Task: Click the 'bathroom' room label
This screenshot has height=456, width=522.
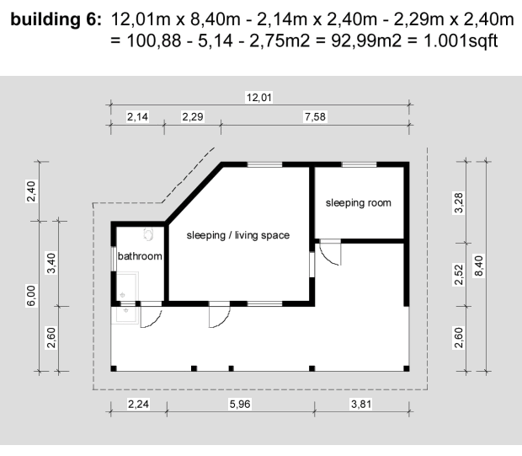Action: [140, 256]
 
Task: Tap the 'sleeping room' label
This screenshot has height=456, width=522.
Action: [358, 203]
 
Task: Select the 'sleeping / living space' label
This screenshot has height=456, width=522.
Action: [238, 235]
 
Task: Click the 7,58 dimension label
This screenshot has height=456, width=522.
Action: [315, 116]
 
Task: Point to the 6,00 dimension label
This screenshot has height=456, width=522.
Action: [31, 296]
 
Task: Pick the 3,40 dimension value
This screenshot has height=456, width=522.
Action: [51, 263]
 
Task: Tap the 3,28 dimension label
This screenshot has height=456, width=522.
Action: [458, 202]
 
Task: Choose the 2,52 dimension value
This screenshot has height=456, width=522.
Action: [458, 275]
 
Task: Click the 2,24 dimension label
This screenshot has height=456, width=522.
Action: [138, 404]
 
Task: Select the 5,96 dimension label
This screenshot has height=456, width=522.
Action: [240, 404]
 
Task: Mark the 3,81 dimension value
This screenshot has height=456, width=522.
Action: [361, 404]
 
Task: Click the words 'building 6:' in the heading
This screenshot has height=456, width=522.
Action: [56, 19]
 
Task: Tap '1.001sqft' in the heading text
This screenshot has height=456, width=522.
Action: [461, 41]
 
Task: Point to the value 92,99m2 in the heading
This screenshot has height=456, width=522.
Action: [366, 41]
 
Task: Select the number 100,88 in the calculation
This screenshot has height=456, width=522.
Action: [154, 41]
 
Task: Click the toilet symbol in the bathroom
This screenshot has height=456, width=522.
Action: [148, 234]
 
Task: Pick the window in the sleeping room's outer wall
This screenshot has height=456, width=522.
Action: [359, 164]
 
